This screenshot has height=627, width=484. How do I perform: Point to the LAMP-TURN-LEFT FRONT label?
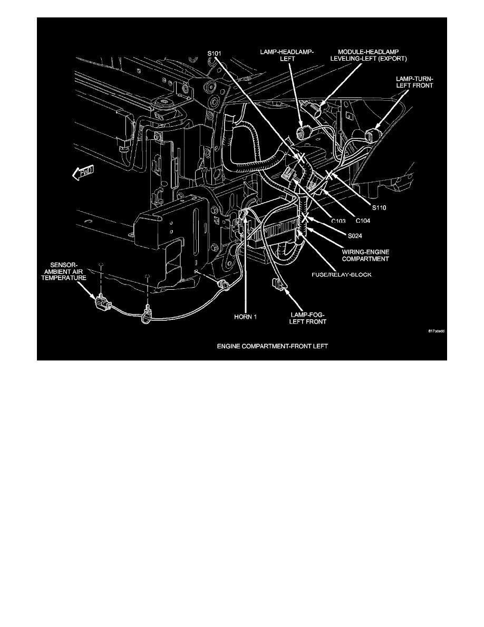415,81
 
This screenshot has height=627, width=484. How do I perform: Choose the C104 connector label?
362,220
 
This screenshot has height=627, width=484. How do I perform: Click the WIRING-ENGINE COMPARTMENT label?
365,255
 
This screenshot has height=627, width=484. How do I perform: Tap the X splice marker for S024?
304,217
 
